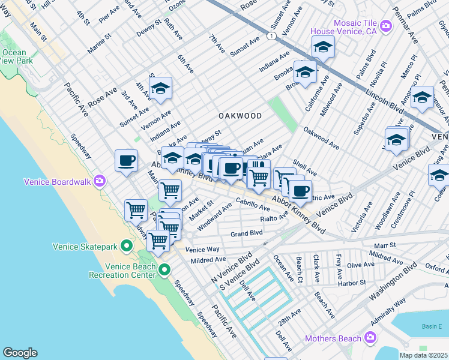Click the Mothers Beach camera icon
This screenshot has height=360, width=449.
click(370, 338)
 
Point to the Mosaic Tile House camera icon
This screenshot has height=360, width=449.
click(385, 25)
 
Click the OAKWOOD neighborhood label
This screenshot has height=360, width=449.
click(240, 116)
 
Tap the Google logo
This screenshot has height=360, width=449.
click(20, 352)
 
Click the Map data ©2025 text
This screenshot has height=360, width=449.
click(423, 355)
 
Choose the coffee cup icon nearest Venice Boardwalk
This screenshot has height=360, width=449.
click(126, 161)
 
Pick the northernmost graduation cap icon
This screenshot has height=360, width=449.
click(323, 47)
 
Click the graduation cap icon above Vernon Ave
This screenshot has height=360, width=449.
click(160, 88)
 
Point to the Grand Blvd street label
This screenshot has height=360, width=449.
click(247, 232)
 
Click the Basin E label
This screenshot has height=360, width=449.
click(430, 326)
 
